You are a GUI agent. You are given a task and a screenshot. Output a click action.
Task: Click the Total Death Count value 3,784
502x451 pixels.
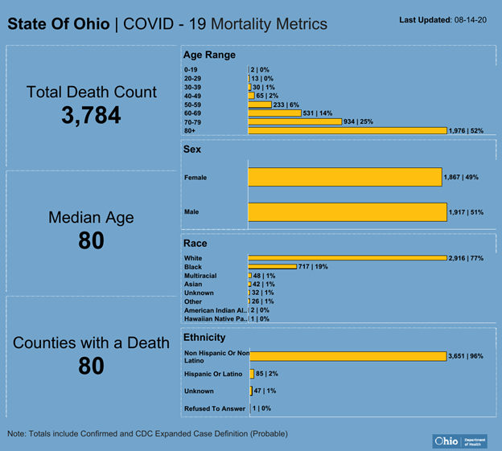point(91,115)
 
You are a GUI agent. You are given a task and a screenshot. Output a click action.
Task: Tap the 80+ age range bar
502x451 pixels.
point(347,130)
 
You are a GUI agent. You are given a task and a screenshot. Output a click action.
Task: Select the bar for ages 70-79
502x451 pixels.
point(297,121)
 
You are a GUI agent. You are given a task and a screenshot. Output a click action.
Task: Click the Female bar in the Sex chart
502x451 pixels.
point(344,177)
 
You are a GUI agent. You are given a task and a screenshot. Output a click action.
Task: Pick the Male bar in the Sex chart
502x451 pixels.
point(347,211)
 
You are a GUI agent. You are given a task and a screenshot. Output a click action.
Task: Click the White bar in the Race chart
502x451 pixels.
point(347,258)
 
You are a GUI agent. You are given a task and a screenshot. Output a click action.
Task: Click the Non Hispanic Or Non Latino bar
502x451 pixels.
point(347,356)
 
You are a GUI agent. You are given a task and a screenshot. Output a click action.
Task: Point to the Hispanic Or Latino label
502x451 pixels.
point(213,374)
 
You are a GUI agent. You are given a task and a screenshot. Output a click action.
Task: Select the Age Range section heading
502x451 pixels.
point(209,55)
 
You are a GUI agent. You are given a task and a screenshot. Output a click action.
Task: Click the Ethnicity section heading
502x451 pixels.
point(204,338)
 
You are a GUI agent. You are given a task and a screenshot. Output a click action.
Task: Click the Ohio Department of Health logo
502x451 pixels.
point(459,441)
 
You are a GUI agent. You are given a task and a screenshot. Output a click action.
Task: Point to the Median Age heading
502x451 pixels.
point(91,217)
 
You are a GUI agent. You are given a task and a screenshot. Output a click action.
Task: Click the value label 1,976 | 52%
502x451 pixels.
point(466,130)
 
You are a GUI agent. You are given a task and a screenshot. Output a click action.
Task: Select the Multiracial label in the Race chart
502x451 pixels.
point(201,276)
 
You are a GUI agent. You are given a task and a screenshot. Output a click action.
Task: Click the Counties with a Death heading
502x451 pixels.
point(91,343)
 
